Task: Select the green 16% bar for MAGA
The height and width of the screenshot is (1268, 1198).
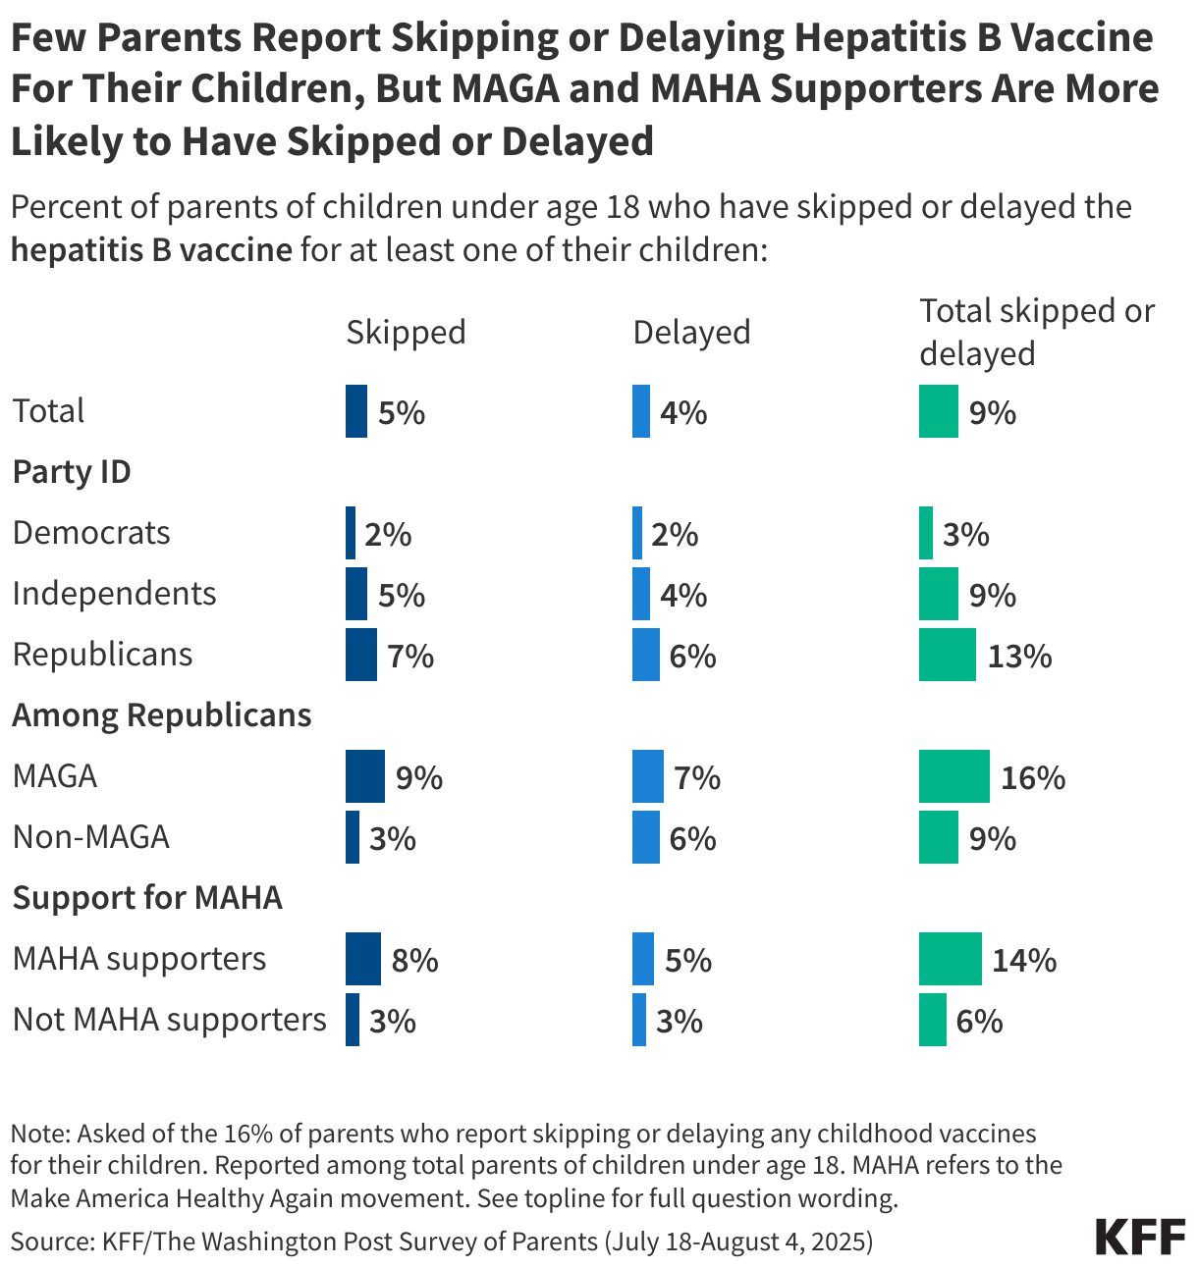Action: [x=953, y=776]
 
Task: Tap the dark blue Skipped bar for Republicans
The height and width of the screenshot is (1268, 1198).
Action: [x=360, y=655]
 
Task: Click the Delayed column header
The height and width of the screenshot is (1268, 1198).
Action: [x=691, y=332]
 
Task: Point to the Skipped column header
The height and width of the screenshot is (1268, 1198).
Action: [x=406, y=332]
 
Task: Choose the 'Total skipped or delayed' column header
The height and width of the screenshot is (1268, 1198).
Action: [x=1036, y=332]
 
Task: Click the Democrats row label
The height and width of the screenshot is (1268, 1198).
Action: [x=91, y=533]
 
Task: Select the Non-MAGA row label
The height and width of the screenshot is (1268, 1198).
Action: [x=90, y=837]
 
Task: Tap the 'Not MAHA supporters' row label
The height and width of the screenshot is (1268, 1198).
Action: [x=169, y=1020]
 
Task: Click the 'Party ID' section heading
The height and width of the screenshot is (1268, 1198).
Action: [x=71, y=472]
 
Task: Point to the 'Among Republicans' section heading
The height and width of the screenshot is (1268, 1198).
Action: [x=161, y=715]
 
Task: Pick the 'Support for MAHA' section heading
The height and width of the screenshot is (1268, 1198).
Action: [x=146, y=898]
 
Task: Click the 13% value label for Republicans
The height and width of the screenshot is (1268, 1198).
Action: [x=1019, y=656]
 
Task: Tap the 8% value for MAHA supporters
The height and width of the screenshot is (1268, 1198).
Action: [x=414, y=960]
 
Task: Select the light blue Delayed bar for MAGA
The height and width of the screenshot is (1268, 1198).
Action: [x=647, y=776]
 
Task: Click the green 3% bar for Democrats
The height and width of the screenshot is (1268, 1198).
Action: [x=925, y=533]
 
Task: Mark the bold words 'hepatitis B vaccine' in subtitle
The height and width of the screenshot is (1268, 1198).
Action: [x=151, y=249]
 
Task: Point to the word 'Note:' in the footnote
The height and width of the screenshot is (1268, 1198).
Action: [x=39, y=1135]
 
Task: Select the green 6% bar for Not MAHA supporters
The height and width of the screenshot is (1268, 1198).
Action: [x=932, y=1020]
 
